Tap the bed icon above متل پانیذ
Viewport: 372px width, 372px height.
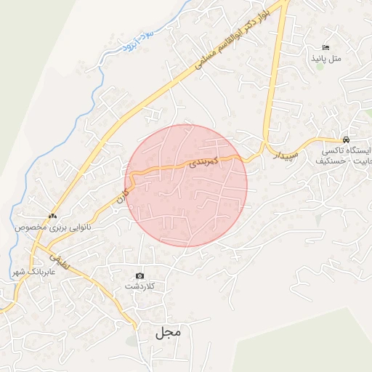[x=326, y=47]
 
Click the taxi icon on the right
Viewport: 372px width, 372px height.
[x=347, y=139]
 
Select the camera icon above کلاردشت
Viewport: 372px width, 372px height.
[x=139, y=276]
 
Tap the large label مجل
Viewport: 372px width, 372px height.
[x=166, y=333]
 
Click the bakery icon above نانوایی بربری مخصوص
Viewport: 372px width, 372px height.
[x=52, y=216]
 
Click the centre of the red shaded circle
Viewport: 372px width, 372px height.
[x=186, y=185]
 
